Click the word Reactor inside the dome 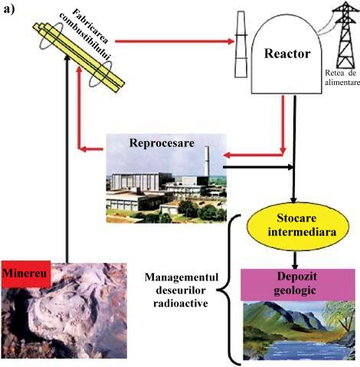tap(287, 54)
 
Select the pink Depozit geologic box tap(298, 284)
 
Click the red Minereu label tap(25, 274)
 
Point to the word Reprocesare tap(162, 143)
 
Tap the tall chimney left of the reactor tap(241, 44)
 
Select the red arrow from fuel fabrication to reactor tap(175, 41)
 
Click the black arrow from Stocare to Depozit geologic tap(295, 260)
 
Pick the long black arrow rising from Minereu tap(67, 159)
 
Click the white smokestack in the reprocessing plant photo tap(207, 161)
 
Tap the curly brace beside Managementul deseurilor tap(228, 290)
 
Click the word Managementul tap(182, 277)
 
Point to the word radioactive tap(181, 303)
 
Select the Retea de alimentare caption tap(342, 77)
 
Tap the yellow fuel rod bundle tap(79, 57)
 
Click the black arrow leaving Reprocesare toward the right tap(258, 167)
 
